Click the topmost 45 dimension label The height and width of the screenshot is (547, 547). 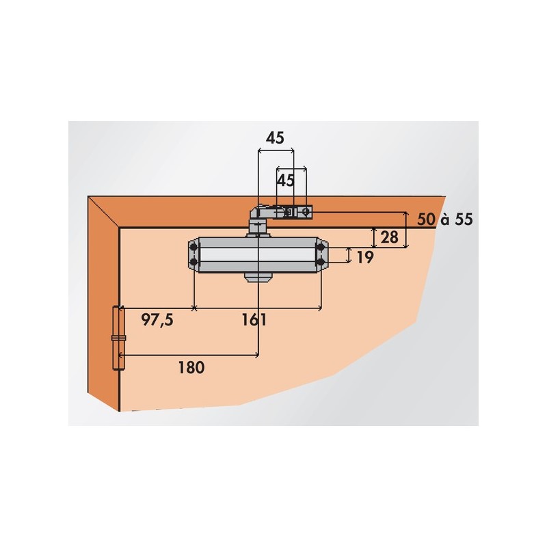click(275, 138)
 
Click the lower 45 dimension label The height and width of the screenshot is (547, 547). click(285, 181)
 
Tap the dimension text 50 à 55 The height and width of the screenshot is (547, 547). click(445, 219)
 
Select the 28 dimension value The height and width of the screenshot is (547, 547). click(389, 237)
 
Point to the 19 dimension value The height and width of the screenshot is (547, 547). click(365, 258)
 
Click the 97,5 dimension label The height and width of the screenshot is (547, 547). click(157, 319)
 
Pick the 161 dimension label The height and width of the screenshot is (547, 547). click(254, 319)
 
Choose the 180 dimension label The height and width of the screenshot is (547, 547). click(191, 367)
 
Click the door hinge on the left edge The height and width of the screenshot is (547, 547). click(118, 338)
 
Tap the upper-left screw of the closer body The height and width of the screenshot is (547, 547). click(194, 248)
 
